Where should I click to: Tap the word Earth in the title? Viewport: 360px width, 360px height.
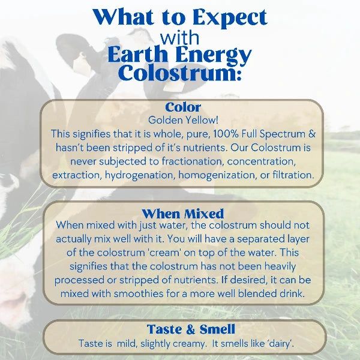[x=137, y=55]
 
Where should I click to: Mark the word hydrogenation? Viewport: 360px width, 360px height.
[x=128, y=175]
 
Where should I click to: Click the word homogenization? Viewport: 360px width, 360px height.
[x=202, y=175]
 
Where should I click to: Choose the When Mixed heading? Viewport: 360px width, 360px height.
[x=182, y=214]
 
